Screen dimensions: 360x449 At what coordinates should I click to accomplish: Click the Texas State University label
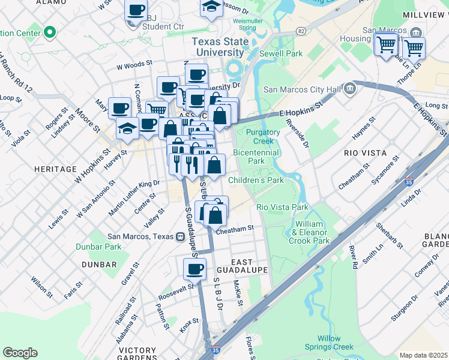(x=216, y=47)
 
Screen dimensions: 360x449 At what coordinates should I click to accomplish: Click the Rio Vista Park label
(x=282, y=207)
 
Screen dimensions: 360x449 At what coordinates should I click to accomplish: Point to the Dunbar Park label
(x=98, y=246)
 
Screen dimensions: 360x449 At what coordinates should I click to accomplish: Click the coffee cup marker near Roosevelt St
(x=194, y=269)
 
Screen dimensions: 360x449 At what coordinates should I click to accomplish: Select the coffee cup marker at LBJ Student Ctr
(x=136, y=10)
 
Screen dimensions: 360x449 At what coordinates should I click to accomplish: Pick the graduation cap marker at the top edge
(x=211, y=8)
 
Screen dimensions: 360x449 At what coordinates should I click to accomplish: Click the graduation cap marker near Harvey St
(x=127, y=128)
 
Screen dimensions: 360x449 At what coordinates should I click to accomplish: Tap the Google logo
(x=20, y=353)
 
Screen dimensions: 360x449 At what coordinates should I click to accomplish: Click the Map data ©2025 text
(x=424, y=355)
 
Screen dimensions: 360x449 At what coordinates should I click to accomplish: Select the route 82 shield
(x=301, y=31)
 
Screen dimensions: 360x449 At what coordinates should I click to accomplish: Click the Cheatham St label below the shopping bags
(x=235, y=229)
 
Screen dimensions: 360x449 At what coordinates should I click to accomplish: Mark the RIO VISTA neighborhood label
(x=365, y=153)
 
